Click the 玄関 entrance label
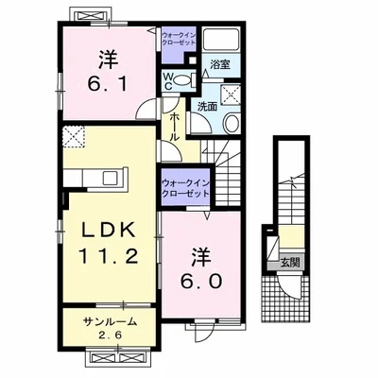tap(290, 262)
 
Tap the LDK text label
tap(109, 231)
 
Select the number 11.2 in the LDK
tap(109, 255)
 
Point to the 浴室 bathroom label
tap(220, 65)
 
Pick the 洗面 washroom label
tap(207, 107)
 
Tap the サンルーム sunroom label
tap(111, 321)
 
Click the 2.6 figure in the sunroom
tap(110, 335)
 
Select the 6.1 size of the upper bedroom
tap(108, 84)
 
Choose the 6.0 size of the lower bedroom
tap(201, 282)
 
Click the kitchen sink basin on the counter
tap(111, 179)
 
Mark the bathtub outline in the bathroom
tap(221, 39)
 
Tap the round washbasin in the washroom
tap(232, 124)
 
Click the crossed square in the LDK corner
tap(74, 137)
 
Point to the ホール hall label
tap(175, 127)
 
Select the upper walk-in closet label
tap(179, 38)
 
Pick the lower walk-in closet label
tap(185, 188)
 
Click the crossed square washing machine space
tap(231, 94)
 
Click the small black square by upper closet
tap(192, 60)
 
